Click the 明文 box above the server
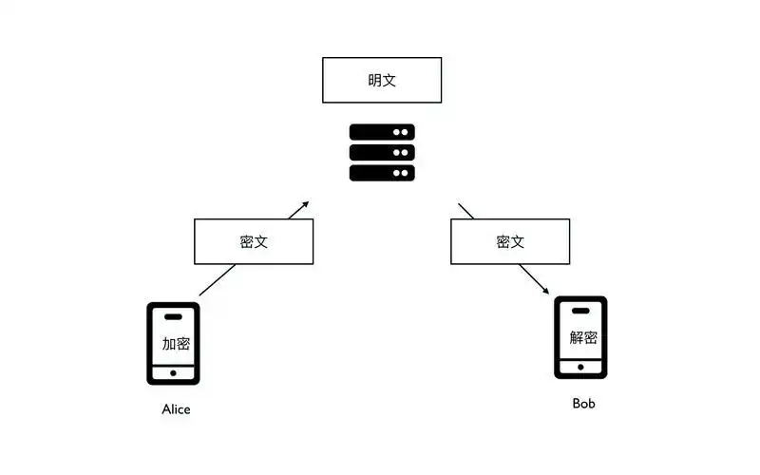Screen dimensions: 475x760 click(382, 80)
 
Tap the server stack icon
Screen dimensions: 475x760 click(382, 152)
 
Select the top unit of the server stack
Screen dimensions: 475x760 click(382, 132)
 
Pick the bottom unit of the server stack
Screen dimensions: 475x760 click(382, 172)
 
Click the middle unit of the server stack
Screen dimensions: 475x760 click(382, 152)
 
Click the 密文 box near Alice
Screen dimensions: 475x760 click(254, 241)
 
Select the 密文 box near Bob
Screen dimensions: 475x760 click(510, 241)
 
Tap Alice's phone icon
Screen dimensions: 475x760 click(173, 343)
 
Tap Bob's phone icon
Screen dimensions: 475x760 click(580, 337)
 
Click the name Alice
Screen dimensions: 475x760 click(176, 409)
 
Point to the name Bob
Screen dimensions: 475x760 click(584, 404)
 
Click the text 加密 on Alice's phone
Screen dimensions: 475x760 click(176, 344)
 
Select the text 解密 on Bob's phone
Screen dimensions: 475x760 click(582, 337)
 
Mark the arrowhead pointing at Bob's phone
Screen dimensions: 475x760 click(546, 291)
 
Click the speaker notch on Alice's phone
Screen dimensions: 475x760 click(173, 315)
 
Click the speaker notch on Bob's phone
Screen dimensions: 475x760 click(580, 310)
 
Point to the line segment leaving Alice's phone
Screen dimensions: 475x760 click(217, 280)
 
